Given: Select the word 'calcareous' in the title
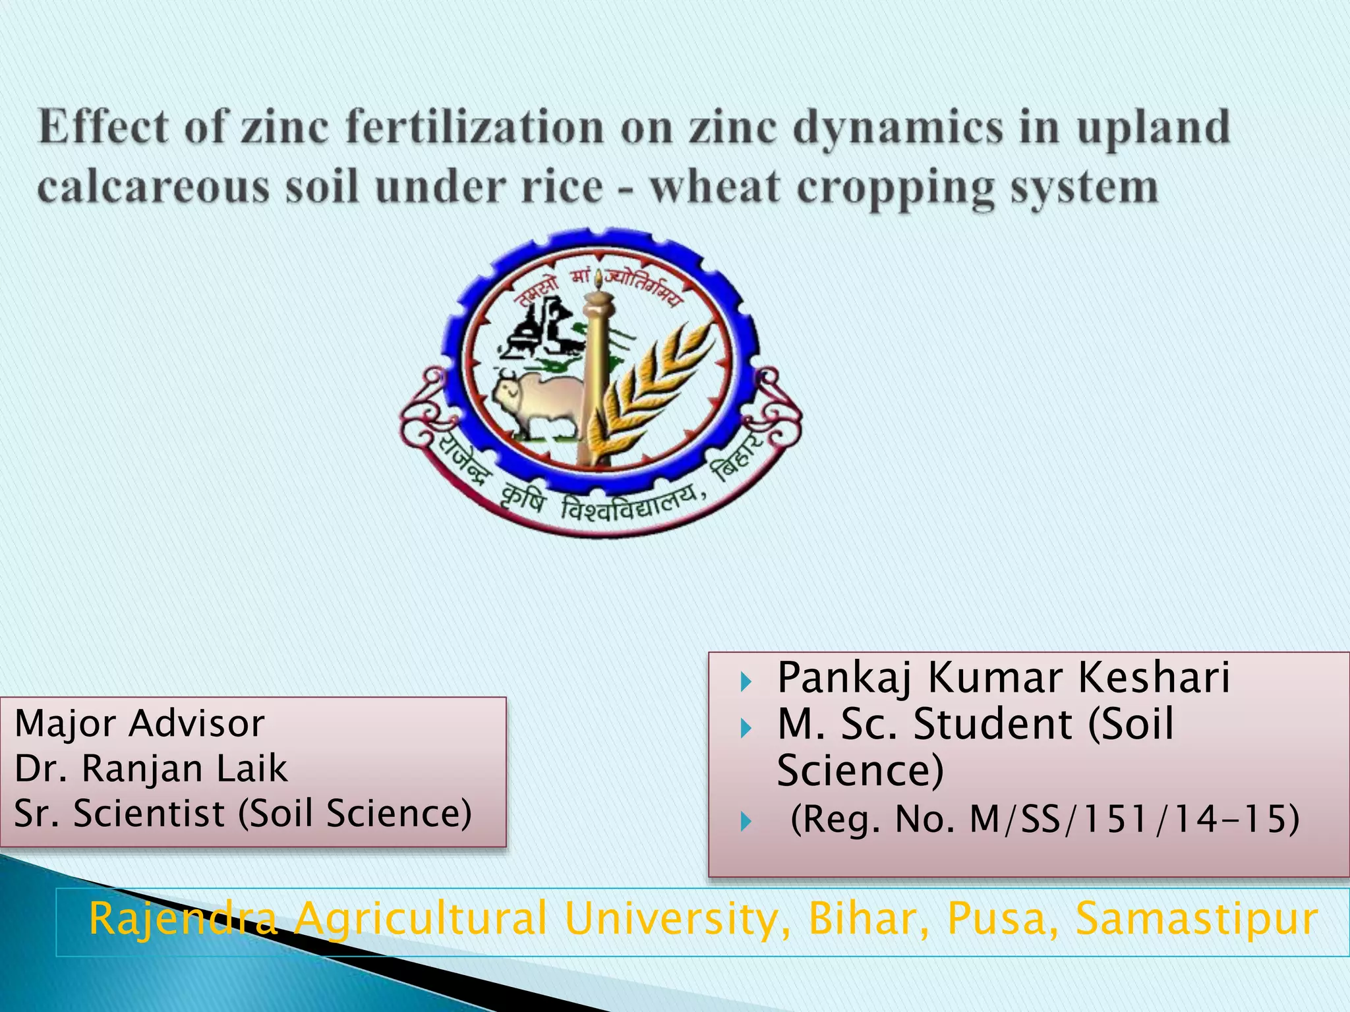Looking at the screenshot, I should tap(153, 187).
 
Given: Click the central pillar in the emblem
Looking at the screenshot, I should tap(597, 376).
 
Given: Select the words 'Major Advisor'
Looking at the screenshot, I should tap(139, 723).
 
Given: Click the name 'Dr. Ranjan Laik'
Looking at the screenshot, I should tap(151, 768).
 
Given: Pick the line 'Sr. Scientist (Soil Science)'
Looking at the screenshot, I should tap(243, 813).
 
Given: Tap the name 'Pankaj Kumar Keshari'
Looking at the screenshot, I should tap(1003, 677).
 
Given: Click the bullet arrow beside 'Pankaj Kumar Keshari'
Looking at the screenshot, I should tap(746, 681).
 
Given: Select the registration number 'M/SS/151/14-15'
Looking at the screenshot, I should tap(1134, 820).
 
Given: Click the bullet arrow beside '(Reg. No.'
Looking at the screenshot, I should tap(746, 822).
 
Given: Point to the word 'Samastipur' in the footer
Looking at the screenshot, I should tap(1196, 918).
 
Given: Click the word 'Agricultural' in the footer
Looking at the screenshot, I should tap(421, 918).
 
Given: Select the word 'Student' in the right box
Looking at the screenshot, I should tap(993, 724).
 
